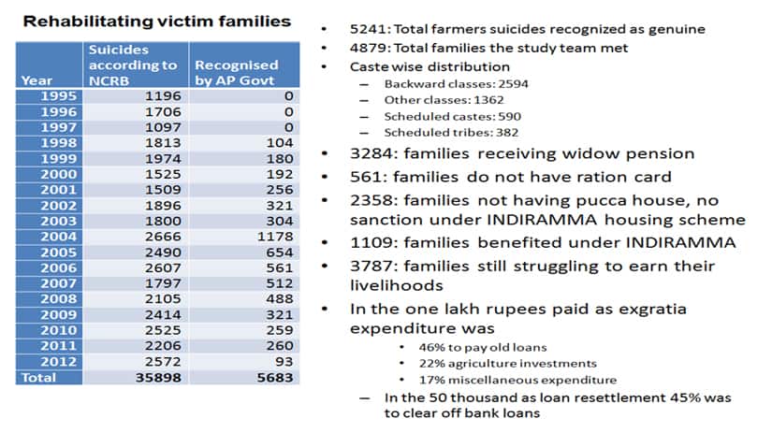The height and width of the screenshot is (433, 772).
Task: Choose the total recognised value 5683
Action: point(274,378)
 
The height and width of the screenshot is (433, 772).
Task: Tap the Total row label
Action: point(37,378)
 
